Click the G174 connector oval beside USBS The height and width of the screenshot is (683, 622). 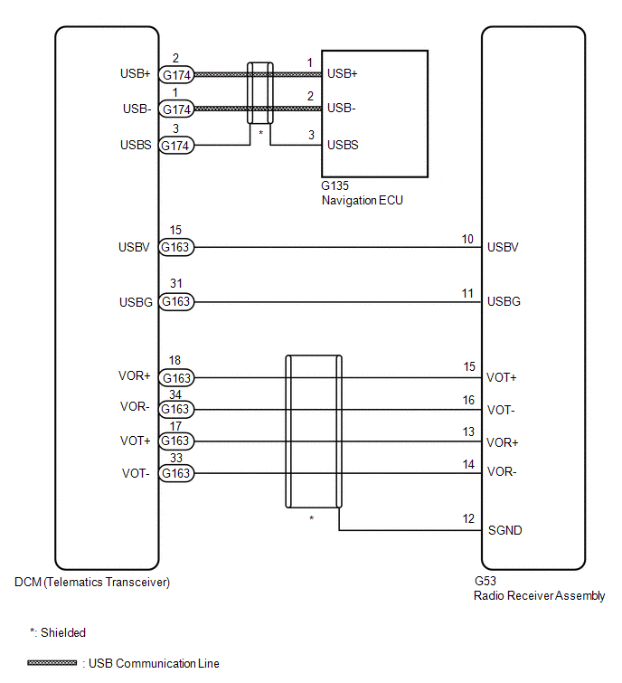176,145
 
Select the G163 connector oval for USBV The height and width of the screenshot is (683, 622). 176,247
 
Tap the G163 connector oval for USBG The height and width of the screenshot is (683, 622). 176,301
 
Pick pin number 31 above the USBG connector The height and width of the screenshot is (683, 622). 176,283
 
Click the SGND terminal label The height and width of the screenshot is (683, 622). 504,530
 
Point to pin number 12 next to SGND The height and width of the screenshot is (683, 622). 468,518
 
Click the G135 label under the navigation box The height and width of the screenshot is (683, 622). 335,186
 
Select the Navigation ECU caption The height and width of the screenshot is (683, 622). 363,200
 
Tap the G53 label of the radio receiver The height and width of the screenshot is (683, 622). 485,581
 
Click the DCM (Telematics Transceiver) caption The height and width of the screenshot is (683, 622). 92,583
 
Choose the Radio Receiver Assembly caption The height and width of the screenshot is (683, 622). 540,596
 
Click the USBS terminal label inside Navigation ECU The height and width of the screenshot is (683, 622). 343,145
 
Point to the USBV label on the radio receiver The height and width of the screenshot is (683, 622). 503,247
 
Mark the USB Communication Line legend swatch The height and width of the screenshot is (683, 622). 52,663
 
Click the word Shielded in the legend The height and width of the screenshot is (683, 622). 63,633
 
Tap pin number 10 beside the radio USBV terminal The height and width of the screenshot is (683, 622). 467,239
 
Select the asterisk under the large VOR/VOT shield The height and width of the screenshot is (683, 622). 312,518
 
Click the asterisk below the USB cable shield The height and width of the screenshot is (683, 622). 260,132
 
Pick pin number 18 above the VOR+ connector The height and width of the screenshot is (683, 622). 175,361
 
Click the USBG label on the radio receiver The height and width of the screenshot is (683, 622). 504,301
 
